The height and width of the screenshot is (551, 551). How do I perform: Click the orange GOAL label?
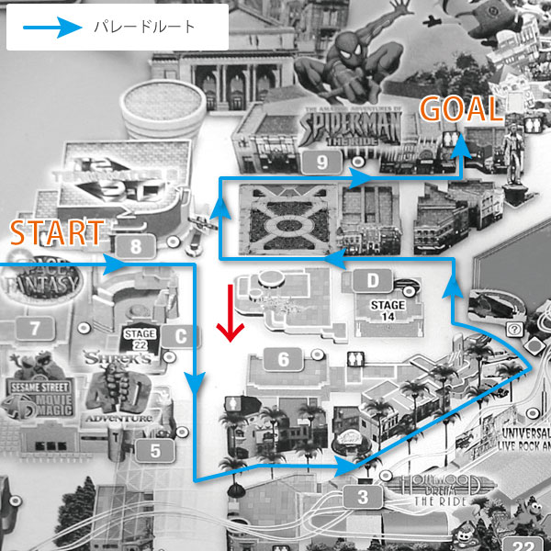point(461,110)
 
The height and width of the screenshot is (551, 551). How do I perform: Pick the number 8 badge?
point(136,246)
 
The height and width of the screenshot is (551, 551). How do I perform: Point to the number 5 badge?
point(155,450)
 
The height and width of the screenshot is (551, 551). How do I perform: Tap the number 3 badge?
point(364,499)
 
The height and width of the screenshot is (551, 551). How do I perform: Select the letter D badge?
point(373,279)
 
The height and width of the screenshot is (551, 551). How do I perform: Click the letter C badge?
point(181,336)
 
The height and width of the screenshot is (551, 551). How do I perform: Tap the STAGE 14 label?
point(387,310)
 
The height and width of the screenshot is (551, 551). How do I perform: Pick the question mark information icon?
point(515,327)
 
